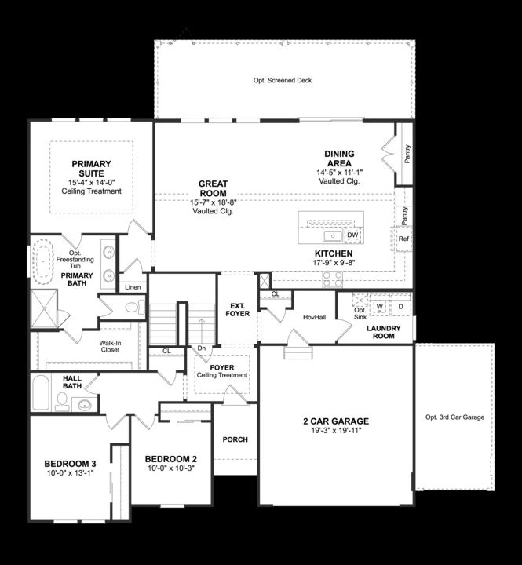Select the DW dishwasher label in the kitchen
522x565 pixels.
[352, 235]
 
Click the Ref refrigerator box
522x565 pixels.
[404, 239]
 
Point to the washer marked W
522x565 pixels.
[379, 306]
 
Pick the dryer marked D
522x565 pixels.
[400, 306]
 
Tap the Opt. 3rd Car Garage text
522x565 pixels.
[454, 417]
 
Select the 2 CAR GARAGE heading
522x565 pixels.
[336, 421]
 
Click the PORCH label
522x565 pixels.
[235, 439]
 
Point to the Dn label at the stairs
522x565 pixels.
[201, 348]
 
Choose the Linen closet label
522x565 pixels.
[133, 287]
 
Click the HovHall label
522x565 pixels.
[314, 316]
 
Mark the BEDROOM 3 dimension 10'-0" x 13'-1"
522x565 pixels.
[69, 472]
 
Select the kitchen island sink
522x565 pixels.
[333, 235]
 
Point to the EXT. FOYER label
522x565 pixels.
[238, 308]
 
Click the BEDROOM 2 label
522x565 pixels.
[170, 459]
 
